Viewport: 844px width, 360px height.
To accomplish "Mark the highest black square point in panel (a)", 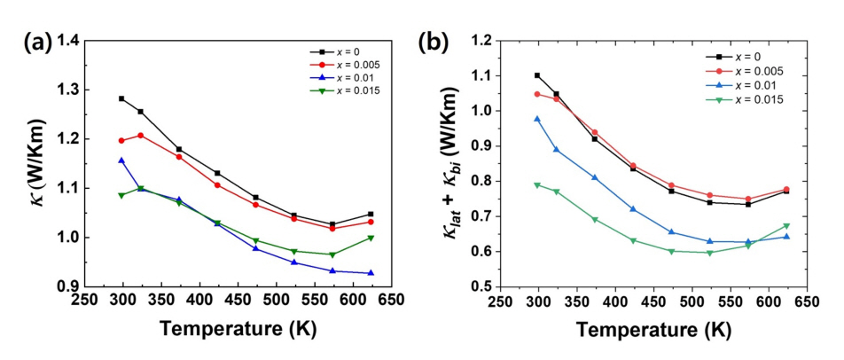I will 121,98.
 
